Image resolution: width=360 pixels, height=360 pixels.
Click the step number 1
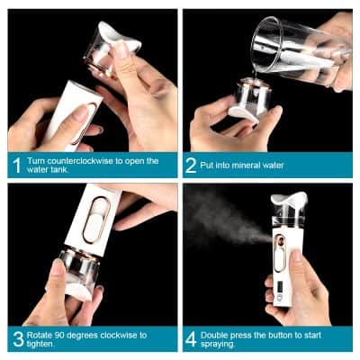click(x=16, y=166)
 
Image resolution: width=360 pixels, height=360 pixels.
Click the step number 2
click(x=192, y=166)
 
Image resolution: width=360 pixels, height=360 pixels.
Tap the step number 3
click(x=16, y=338)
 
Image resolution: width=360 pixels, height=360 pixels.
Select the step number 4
click(x=192, y=338)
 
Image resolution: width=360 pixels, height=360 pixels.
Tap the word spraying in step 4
click(x=222, y=344)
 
